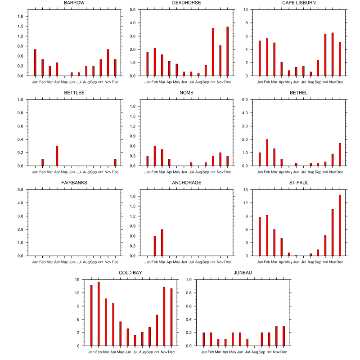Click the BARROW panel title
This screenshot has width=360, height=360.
click(x=74, y=3)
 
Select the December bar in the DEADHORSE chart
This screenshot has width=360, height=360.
click(x=228, y=51)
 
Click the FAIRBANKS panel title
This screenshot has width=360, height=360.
click(x=74, y=183)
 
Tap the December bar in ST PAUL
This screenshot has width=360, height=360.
click(x=340, y=225)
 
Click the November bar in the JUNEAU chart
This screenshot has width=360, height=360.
click(x=276, y=336)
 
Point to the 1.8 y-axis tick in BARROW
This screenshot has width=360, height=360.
click(x=20, y=16)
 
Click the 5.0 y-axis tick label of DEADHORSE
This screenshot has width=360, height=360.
click(x=133, y=9)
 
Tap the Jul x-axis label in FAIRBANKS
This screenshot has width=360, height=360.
click(x=79, y=261)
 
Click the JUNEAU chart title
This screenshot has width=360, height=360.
click(x=243, y=273)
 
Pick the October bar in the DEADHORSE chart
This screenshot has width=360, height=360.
click(x=213, y=52)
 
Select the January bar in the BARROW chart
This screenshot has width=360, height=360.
click(x=35, y=63)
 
